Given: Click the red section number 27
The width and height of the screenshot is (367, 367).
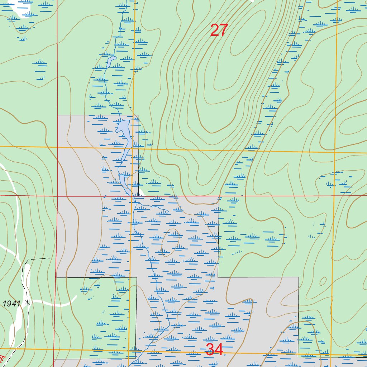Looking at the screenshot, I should click(x=219, y=30).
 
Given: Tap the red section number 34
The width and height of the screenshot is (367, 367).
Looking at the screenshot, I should click(x=215, y=349).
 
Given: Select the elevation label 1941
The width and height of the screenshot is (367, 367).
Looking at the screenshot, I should click(x=11, y=304).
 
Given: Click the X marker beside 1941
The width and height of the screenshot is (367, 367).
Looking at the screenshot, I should click(x=28, y=302).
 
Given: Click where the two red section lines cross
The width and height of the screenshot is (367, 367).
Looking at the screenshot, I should click(x=57, y=196).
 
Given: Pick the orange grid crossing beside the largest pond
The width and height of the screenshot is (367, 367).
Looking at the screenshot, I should click(x=133, y=148).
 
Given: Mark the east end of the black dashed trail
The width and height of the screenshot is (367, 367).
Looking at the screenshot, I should click(x=49, y=258).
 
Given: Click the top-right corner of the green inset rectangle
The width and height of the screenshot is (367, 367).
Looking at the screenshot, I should click(x=137, y=277).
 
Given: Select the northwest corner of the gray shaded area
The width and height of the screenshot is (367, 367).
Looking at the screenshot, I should click(x=58, y=115).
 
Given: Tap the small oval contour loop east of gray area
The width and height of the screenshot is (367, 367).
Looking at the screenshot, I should click(x=323, y=281).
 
